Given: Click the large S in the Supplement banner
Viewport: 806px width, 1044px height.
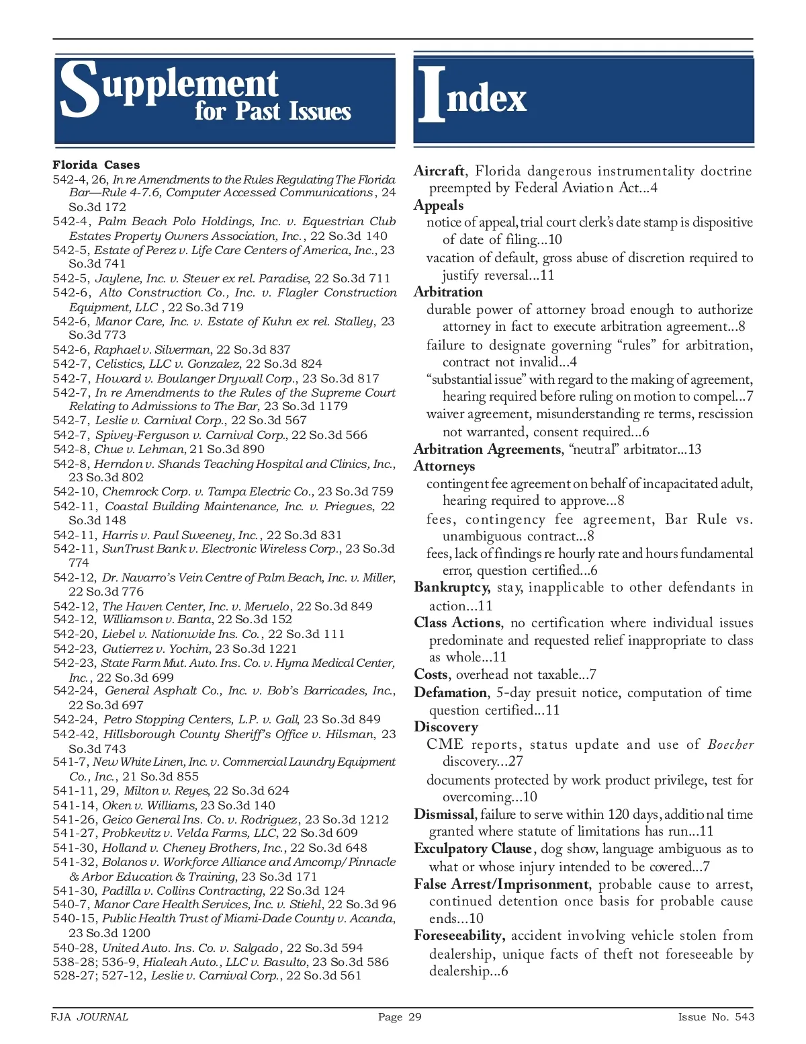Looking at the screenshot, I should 79,89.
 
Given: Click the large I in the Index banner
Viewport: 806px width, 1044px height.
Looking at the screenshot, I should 431,95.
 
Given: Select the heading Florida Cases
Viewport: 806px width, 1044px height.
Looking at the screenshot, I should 96,165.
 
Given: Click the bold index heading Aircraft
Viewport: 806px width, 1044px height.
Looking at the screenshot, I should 439,171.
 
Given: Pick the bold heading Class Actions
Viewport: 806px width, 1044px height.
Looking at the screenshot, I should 457,623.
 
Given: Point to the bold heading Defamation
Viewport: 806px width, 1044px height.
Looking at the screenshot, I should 451,693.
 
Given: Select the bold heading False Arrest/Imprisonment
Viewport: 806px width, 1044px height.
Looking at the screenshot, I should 501,885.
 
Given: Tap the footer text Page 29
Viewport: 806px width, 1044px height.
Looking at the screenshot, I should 400,1017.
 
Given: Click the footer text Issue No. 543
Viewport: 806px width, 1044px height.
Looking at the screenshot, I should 716,1017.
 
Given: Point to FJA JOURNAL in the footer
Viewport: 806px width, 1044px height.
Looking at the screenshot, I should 89,1017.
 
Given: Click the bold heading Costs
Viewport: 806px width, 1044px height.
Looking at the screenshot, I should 431,675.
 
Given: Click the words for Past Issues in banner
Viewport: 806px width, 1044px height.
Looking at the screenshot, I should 273,112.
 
